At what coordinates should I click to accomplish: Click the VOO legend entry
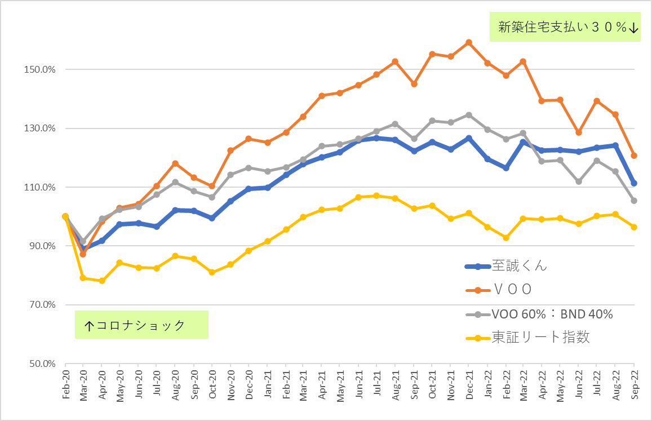coord(499,290)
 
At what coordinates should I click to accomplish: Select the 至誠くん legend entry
coord(506,266)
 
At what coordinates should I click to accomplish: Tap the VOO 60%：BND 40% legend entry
coord(539,314)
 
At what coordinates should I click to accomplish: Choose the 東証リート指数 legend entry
coord(528,338)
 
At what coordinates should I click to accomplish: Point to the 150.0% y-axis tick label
coord(39,69)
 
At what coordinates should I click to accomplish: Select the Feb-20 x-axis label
coord(66,384)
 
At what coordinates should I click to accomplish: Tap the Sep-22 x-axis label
coord(634,384)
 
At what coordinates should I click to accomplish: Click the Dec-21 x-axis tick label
coord(469,384)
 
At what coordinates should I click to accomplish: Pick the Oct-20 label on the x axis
coord(212,384)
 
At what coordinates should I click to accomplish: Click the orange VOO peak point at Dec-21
coord(469,42)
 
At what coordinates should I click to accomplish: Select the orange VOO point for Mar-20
coord(83,254)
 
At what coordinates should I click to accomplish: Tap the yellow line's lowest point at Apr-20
coord(102,281)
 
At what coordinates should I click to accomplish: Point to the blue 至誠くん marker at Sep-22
coord(634,184)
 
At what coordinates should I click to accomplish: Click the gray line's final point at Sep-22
coord(634,201)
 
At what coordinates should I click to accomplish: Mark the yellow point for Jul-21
coord(377,196)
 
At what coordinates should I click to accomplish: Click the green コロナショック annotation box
coord(141,325)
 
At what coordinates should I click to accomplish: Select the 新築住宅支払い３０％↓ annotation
coord(565,26)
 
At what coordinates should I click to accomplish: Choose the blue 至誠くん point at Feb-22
coord(506,168)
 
